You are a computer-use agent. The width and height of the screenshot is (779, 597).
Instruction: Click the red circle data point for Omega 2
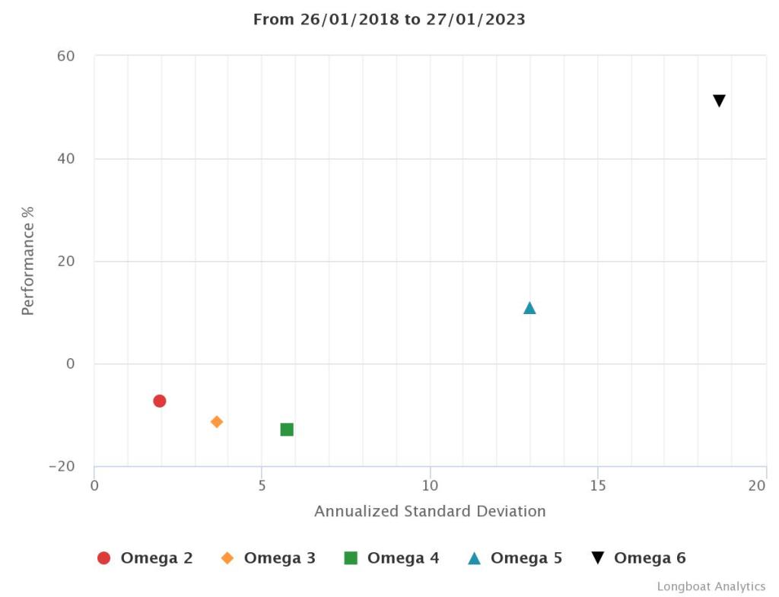[x=159, y=401]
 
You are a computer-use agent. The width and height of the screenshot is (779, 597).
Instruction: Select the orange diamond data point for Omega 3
[x=217, y=421]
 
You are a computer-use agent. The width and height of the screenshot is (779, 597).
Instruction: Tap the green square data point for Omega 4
[x=287, y=430]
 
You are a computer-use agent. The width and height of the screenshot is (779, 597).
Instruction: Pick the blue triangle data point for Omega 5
[x=529, y=308]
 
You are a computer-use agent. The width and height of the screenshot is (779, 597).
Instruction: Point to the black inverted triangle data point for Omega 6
[x=719, y=100]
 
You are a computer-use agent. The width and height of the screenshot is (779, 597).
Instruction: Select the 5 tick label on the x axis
[x=262, y=485]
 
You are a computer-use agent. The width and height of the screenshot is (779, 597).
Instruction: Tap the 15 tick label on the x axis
[x=598, y=485]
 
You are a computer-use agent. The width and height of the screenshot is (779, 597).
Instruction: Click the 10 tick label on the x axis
[x=430, y=485]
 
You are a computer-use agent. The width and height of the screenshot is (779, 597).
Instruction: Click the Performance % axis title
[x=28, y=260]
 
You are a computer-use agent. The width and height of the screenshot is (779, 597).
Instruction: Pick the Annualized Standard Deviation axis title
[x=430, y=511]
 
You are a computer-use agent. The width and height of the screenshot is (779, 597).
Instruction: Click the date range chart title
[x=389, y=20]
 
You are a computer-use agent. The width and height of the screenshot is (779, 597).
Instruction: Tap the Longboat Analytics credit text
[x=711, y=586]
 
